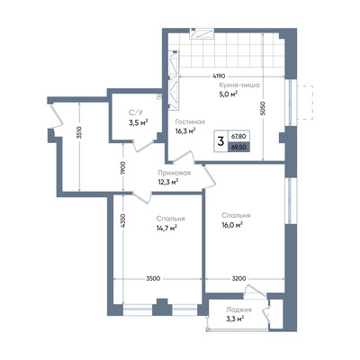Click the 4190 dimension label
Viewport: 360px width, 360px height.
point(219,76)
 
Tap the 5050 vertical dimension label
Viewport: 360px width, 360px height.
point(263,107)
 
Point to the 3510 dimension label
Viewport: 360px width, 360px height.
point(79,133)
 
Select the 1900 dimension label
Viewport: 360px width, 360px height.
point(123,167)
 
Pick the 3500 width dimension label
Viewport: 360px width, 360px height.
point(153,278)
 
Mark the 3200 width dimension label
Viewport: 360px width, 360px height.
point(239,278)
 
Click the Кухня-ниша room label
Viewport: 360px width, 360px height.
point(239,85)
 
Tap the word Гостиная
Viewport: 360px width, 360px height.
point(190,122)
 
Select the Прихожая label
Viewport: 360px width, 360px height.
point(175,173)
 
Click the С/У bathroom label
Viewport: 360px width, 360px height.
point(136,112)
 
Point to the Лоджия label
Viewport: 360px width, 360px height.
point(238,310)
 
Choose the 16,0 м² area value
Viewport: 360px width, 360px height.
point(232,225)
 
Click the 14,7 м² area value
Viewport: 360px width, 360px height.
point(166,228)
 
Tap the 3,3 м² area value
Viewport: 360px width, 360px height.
point(235,319)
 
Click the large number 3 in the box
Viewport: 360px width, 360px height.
point(220,141)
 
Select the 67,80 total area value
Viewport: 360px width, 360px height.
point(238,136)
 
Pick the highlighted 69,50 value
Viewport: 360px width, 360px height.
point(238,148)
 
